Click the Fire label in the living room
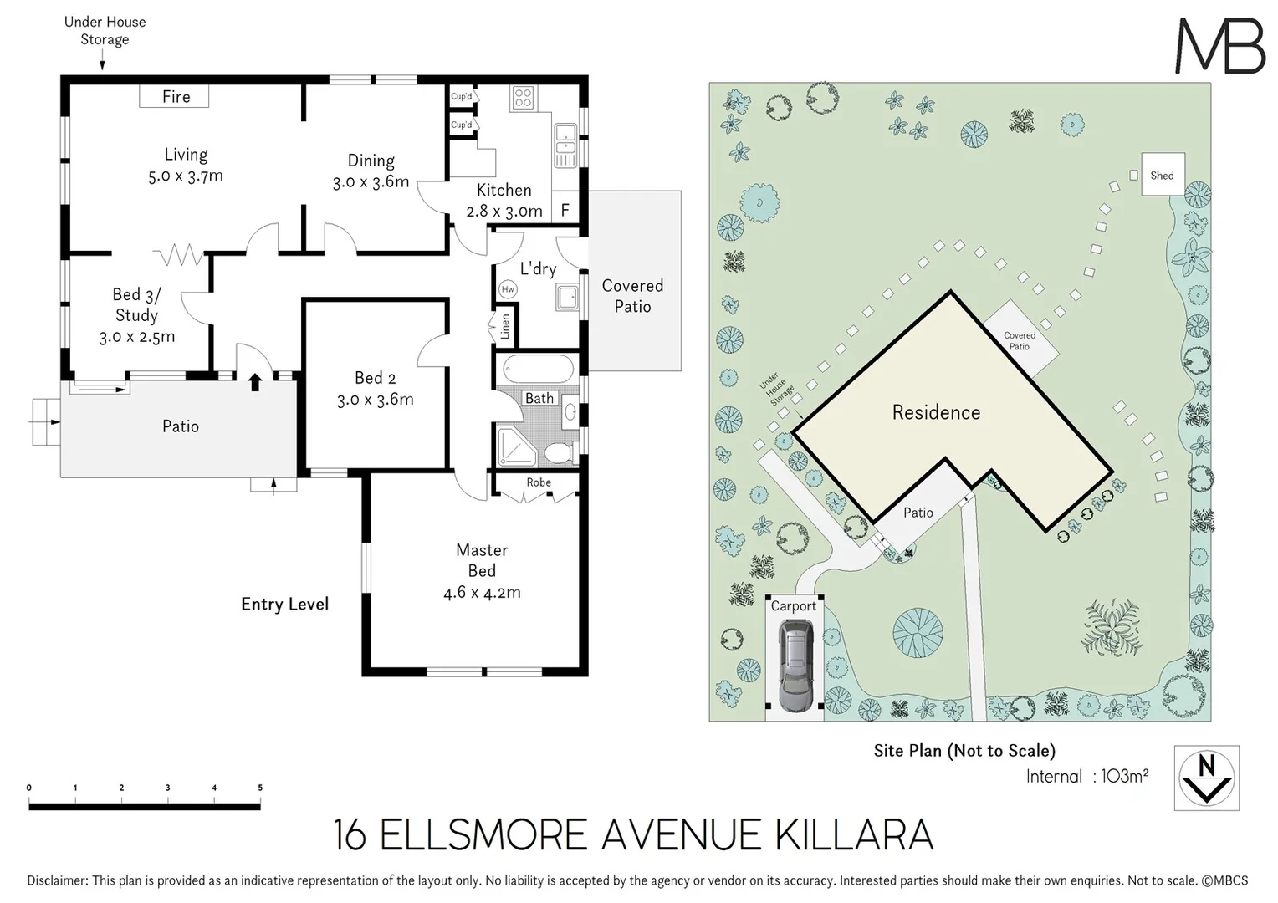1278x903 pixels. click(x=176, y=97)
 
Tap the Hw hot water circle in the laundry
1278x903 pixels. click(x=507, y=289)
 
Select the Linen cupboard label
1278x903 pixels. click(x=505, y=327)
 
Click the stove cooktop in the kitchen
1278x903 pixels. click(x=523, y=98)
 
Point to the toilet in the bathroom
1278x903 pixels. click(x=559, y=452)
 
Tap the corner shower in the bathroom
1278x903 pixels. click(x=516, y=446)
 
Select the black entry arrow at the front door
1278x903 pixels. click(x=255, y=382)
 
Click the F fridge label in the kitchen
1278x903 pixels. click(x=565, y=211)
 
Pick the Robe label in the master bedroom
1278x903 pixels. click(x=539, y=482)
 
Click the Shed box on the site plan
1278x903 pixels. click(x=1163, y=175)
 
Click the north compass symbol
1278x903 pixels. click(x=1206, y=778)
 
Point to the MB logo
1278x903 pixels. click(x=1219, y=46)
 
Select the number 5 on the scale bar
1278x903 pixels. click(x=260, y=788)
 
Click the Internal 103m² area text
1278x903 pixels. click(x=1086, y=776)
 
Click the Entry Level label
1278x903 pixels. click(x=284, y=604)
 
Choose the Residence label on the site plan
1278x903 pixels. click(x=936, y=412)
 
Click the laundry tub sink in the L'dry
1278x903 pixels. click(x=567, y=297)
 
